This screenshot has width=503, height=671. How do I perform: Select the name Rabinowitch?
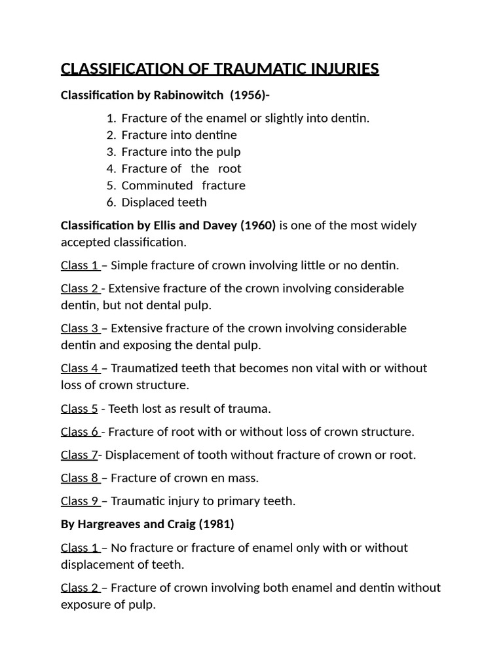[x=189, y=95]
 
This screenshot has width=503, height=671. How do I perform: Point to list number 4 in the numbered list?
[x=111, y=168]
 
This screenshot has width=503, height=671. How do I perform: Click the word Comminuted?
[x=157, y=185]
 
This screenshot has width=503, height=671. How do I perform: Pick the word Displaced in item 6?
[x=145, y=202]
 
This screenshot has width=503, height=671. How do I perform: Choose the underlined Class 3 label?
[x=80, y=328]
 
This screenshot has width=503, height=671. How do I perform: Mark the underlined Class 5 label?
[x=79, y=409]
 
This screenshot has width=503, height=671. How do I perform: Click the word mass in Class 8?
[x=244, y=478]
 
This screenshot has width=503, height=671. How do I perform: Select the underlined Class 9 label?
[x=80, y=501]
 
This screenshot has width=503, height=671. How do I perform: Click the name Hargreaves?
[x=109, y=524]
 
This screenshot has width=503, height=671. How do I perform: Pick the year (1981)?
[x=214, y=524]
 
